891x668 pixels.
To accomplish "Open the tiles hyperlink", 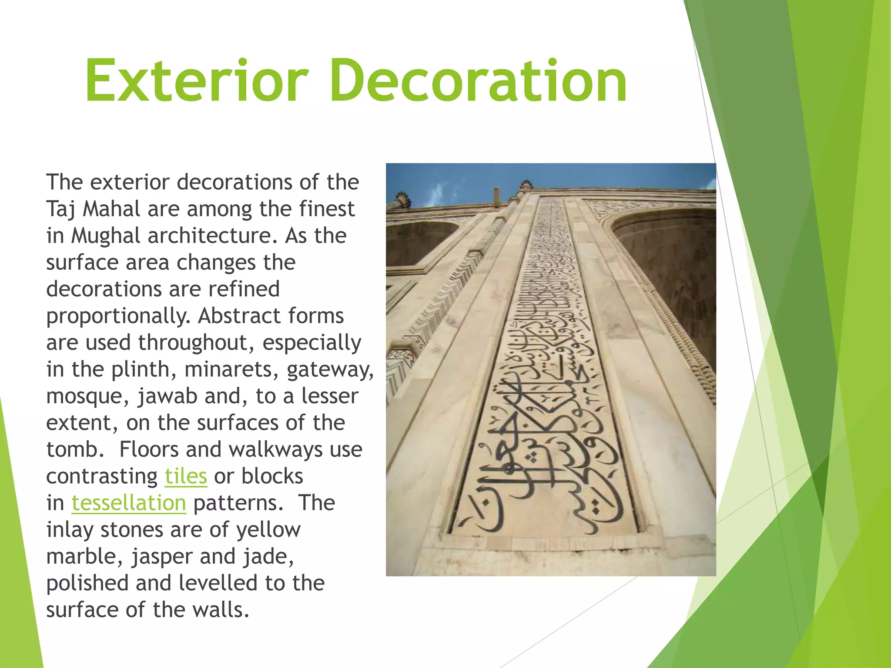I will point(186,476).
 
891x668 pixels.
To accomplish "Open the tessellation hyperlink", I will point(129,503).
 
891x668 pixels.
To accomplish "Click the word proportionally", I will point(118,316).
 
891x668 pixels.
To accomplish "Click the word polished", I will point(87,583).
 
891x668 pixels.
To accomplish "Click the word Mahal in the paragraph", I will point(111,209).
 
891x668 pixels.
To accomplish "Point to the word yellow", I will point(268,530).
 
